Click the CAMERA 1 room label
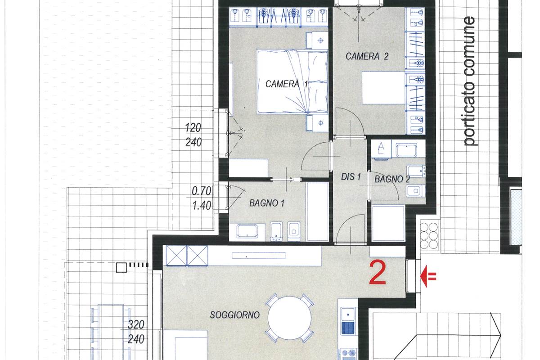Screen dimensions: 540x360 pyautogui.click(x=286, y=84)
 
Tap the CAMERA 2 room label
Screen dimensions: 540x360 pyautogui.click(x=367, y=56)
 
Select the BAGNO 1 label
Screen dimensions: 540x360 pyautogui.click(x=266, y=203)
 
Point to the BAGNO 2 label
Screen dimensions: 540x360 pyautogui.click(x=392, y=179)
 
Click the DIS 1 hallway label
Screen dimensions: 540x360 pyautogui.click(x=351, y=177)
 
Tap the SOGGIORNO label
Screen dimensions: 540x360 pyautogui.click(x=234, y=315)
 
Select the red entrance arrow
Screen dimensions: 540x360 pyautogui.click(x=428, y=276)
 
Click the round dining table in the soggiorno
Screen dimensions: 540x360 pyautogui.click(x=289, y=318)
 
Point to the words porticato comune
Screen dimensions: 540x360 pyautogui.click(x=469, y=81)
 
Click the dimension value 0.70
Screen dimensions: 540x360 pyautogui.click(x=201, y=191)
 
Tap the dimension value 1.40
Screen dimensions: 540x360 pyautogui.click(x=202, y=206)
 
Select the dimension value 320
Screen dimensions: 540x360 pyautogui.click(x=136, y=324)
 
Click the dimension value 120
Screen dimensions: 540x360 pyautogui.click(x=193, y=127)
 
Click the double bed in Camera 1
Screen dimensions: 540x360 pyautogui.click(x=292, y=81)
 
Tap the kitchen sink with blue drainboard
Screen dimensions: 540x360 pyautogui.click(x=348, y=321)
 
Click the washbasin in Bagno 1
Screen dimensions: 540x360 pyautogui.click(x=247, y=231)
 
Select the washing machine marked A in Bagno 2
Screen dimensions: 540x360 pyautogui.click(x=381, y=149)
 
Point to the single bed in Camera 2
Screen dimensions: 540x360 pyautogui.click(x=383, y=88)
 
